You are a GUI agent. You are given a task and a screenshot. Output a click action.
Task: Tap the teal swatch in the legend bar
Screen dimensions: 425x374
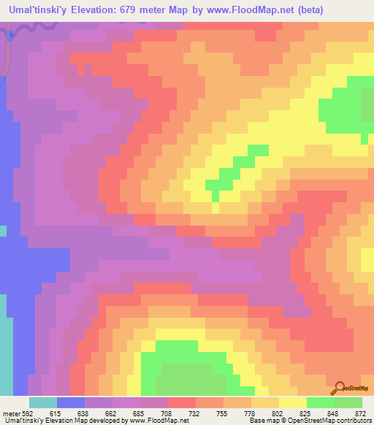[43, 402]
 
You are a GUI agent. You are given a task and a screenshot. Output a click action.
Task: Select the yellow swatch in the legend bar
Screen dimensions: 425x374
[293, 402]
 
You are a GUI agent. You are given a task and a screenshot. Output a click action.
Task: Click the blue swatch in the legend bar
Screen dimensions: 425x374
[71, 402]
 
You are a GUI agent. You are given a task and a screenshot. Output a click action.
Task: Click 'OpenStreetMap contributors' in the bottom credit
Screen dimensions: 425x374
[333, 420]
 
